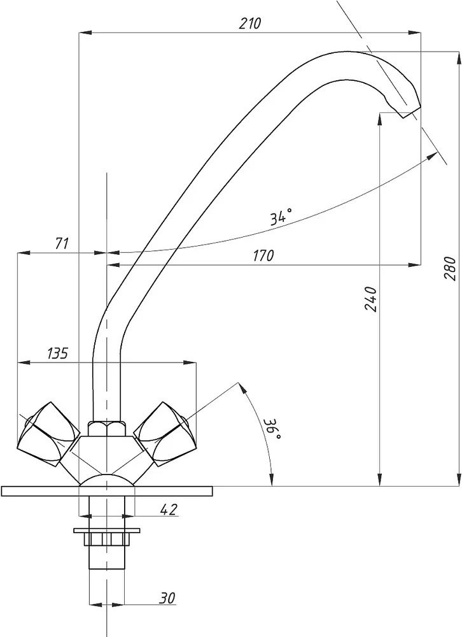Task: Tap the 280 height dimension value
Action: click(451, 269)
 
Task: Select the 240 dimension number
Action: click(371, 299)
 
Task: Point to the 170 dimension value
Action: click(263, 255)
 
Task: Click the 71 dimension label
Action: click(61, 244)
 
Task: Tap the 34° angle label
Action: click(281, 217)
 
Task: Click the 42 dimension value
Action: click(169, 509)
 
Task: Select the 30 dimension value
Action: click(167, 598)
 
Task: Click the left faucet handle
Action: click(48, 433)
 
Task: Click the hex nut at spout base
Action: click(107, 429)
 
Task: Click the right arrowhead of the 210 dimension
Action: click(414, 32)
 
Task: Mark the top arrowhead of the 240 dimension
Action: click(379, 118)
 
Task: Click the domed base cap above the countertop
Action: click(107, 480)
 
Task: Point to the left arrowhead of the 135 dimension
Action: click(24, 362)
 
